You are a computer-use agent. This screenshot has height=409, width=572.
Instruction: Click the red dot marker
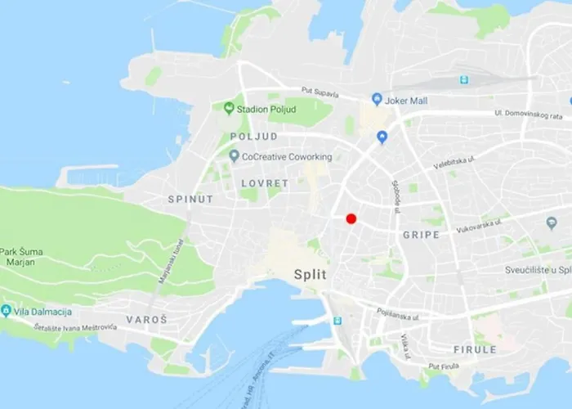pyautogui.click(x=351, y=218)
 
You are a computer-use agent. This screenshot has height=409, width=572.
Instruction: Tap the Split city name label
pyautogui.click(x=310, y=275)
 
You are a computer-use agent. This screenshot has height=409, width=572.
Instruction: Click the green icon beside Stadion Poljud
pyautogui.click(x=229, y=107)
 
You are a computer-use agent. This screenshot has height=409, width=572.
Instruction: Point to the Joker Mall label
pyautogui.click(x=413, y=100)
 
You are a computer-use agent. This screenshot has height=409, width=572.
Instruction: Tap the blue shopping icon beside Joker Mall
pyautogui.click(x=377, y=99)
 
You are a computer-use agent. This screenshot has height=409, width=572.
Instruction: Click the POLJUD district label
pyautogui.click(x=254, y=137)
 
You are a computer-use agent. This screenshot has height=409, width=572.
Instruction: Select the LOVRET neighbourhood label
pyautogui.click(x=265, y=184)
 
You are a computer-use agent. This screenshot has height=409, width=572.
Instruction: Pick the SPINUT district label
pyautogui.click(x=190, y=199)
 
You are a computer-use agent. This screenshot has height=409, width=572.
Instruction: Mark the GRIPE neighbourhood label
pyautogui.click(x=421, y=235)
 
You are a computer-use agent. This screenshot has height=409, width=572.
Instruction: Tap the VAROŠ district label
pyautogui.click(x=146, y=318)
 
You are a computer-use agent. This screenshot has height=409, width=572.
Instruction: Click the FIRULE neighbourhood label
pyautogui.click(x=475, y=349)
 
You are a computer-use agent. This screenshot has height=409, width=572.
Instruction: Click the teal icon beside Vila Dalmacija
pyautogui.click(x=7, y=311)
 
